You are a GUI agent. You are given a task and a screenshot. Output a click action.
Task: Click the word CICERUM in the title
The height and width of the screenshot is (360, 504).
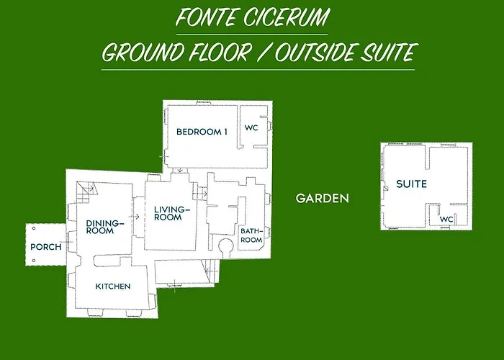pyautogui.click(x=284, y=17)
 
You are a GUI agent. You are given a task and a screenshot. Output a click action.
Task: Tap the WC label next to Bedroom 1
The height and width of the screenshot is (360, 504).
pyautogui.click(x=251, y=128)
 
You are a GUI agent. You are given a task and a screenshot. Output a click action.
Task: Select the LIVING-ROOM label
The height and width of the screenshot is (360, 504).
pyautogui.click(x=171, y=213)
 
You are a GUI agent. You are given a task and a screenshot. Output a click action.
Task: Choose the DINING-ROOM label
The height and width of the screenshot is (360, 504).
pyautogui.click(x=105, y=228)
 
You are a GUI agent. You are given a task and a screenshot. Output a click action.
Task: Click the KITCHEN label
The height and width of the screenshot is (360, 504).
pyautogui.click(x=113, y=287)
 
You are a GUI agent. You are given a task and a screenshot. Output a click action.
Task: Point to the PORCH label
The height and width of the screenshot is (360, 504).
pyautogui.click(x=45, y=247)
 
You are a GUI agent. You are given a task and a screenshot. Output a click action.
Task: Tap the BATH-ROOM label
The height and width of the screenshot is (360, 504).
pyautogui.click(x=251, y=235)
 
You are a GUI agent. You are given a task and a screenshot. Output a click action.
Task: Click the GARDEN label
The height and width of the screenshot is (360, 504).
pyautogui.click(x=323, y=198)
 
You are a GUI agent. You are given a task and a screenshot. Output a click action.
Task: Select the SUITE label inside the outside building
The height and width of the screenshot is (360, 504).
pyautogui.click(x=411, y=184)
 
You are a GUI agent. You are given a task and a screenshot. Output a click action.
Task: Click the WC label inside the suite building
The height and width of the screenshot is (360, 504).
pyautogui.click(x=446, y=220)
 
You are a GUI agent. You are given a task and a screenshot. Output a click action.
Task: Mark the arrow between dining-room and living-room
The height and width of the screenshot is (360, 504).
pyautogui.click(x=135, y=215)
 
